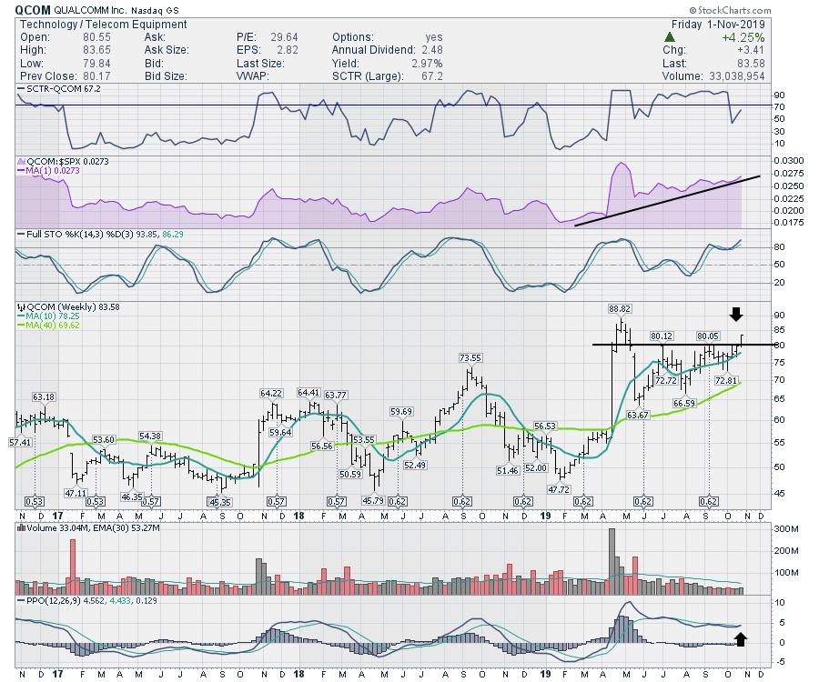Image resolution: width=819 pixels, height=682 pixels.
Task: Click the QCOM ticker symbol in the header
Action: pyautogui.click(x=34, y=8)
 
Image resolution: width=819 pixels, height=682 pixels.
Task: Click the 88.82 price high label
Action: pyautogui.click(x=621, y=308)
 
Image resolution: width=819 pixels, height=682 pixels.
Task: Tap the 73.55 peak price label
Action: pyautogui.click(x=470, y=357)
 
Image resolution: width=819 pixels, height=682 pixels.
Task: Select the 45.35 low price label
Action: pyautogui.click(x=220, y=502)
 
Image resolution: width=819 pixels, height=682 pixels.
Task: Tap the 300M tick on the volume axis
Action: pyautogui.click(x=760, y=529)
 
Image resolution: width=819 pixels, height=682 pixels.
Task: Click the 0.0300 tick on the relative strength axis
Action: pyautogui.click(x=765, y=160)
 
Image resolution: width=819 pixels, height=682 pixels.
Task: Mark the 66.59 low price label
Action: pyautogui.click(x=683, y=403)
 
